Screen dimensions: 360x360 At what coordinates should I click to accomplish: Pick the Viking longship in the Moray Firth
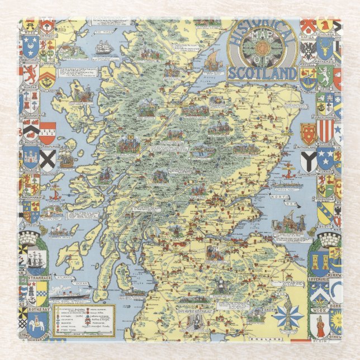pos(212,59)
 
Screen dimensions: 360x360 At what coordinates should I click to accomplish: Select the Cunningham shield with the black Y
pos(308,161)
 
